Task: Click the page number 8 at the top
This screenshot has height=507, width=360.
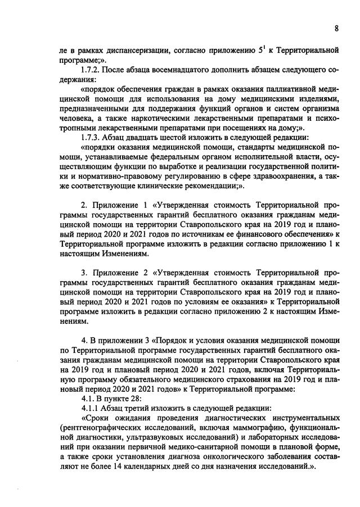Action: (336, 28)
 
